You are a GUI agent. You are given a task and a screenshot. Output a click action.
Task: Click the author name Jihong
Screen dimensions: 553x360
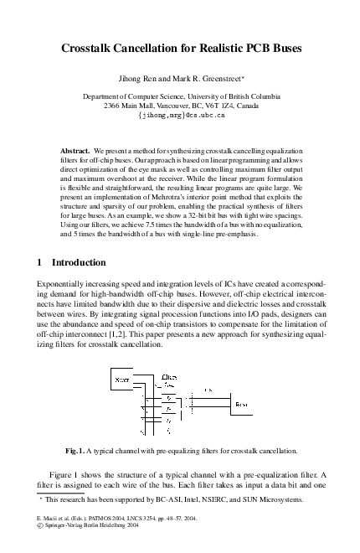coord(136,81)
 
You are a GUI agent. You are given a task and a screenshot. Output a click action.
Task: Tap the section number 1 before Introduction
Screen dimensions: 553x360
coord(42,261)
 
